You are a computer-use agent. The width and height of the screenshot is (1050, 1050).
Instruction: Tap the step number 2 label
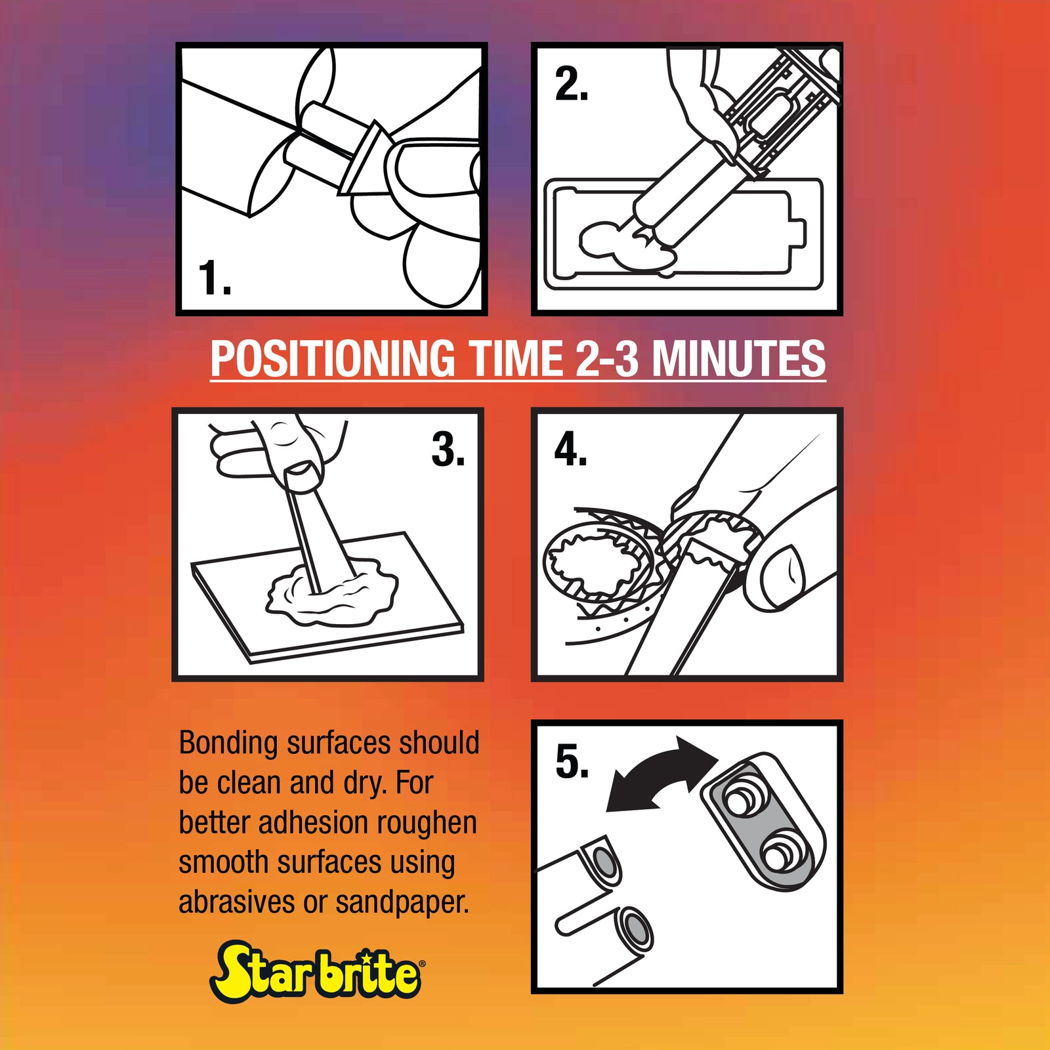pyautogui.click(x=572, y=85)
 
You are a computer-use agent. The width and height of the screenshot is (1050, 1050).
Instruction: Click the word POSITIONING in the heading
pyautogui.click(x=333, y=358)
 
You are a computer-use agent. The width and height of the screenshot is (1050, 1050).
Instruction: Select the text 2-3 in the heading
pyautogui.click(x=607, y=358)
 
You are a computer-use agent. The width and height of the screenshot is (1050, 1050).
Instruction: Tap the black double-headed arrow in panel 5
pyautogui.click(x=661, y=774)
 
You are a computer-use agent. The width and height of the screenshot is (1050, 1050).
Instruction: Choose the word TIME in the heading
pyautogui.click(x=515, y=358)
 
